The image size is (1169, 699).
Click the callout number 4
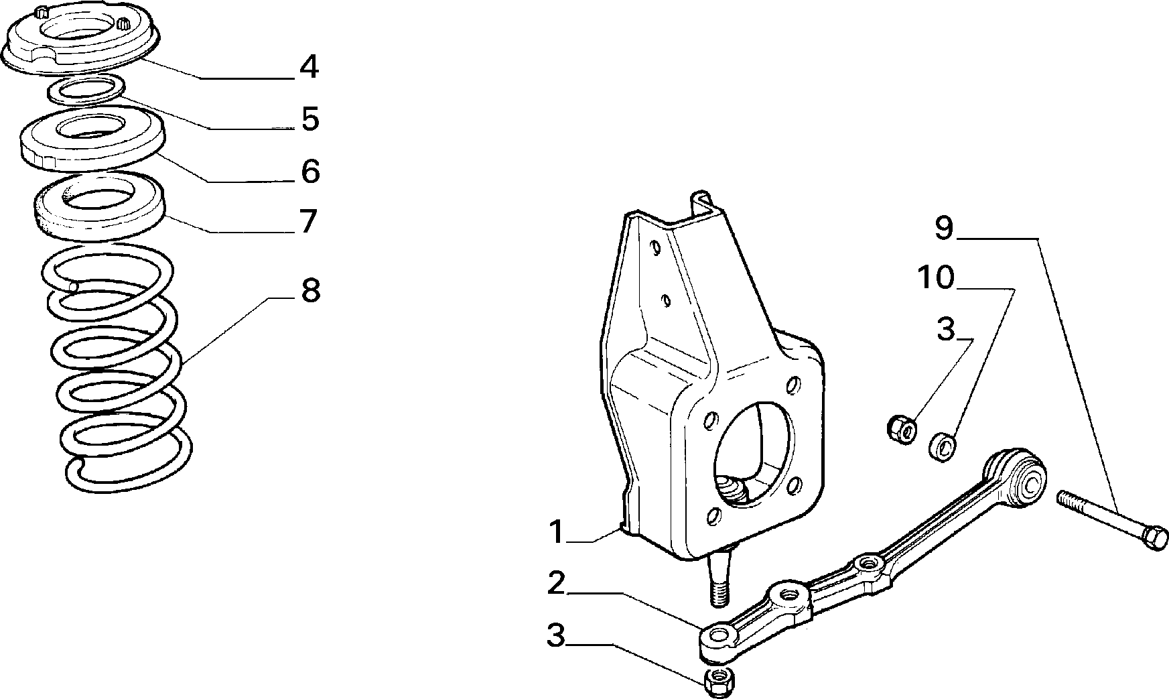coord(309,67)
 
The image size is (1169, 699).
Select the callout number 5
coord(310,119)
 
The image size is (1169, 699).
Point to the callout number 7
coord(307,221)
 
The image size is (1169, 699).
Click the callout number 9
coord(943,228)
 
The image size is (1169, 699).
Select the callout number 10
coord(936,277)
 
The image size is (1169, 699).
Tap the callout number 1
coord(556,531)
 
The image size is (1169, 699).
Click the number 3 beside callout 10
coord(945,330)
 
